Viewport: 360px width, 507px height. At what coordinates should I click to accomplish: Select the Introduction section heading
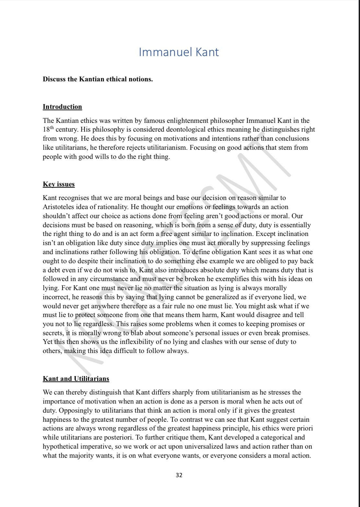tap(62, 107)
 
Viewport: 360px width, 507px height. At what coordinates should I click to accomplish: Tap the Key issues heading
tap(59, 184)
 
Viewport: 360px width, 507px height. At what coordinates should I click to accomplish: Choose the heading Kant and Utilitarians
tap(76, 379)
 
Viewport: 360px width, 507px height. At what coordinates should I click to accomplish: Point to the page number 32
tap(179, 475)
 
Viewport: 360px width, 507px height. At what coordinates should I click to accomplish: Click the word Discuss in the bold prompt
tap(54, 79)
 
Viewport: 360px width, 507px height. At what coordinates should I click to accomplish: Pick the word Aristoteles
tap(61, 207)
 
